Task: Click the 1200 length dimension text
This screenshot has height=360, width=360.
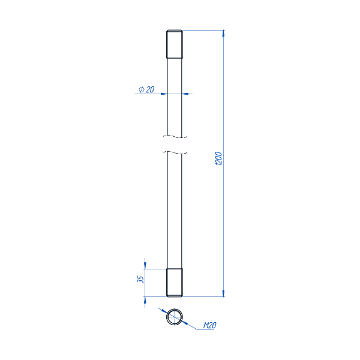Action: [218, 158]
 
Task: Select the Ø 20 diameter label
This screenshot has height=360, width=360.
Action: [146, 89]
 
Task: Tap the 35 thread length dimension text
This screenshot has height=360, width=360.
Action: [140, 279]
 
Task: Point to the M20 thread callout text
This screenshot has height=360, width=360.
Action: [210, 325]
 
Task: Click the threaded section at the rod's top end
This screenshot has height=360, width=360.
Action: [175, 44]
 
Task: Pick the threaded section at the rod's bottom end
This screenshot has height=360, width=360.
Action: [175, 283]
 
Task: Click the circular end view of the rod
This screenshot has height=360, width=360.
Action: [175, 317]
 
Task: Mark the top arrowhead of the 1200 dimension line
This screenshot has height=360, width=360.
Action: [223, 33]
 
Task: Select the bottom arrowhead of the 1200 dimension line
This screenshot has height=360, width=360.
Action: [223, 293]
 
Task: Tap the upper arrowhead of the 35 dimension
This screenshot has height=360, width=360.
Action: [145, 266]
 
